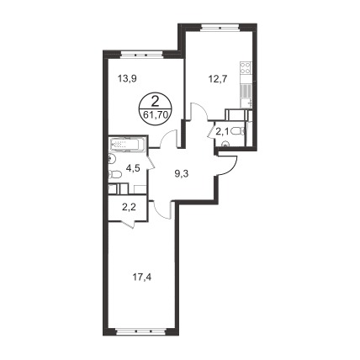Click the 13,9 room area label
pyautogui.click(x=127, y=79)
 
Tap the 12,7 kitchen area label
pyautogui.click(x=217, y=79)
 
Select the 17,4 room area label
pyautogui.click(x=142, y=278)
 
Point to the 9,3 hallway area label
pyautogui.click(x=181, y=174)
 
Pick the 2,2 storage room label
pyautogui.click(x=129, y=208)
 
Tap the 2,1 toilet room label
pyautogui.click(x=221, y=130)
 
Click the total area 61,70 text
pyautogui.click(x=155, y=114)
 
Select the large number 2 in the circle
pyautogui.click(x=155, y=101)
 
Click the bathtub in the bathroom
pyautogui.click(x=128, y=145)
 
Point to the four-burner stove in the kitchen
pyautogui.click(x=246, y=67)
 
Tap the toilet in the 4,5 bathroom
pyautogui.click(x=115, y=175)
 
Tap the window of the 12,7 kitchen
pyautogui.click(x=220, y=27)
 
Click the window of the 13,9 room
pyautogui.click(x=141, y=55)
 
